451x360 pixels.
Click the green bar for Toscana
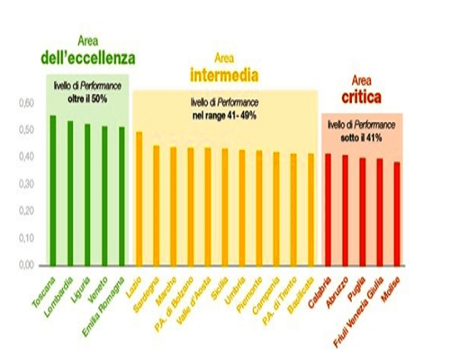click(52, 190)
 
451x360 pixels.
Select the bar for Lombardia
click(70, 193)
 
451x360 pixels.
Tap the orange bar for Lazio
click(139, 198)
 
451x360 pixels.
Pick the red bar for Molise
click(396, 213)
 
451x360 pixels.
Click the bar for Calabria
click(327, 209)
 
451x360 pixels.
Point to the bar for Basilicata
click(311, 209)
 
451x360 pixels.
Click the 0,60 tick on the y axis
click(26, 103)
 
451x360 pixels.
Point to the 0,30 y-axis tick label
click(26, 184)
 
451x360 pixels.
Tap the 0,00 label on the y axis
click(26, 265)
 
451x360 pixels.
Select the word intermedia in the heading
click(224, 74)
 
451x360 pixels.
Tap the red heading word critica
click(361, 96)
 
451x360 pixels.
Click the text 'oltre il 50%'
click(88, 98)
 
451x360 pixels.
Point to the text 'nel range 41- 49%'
click(224, 114)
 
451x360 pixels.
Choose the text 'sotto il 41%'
click(361, 134)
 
